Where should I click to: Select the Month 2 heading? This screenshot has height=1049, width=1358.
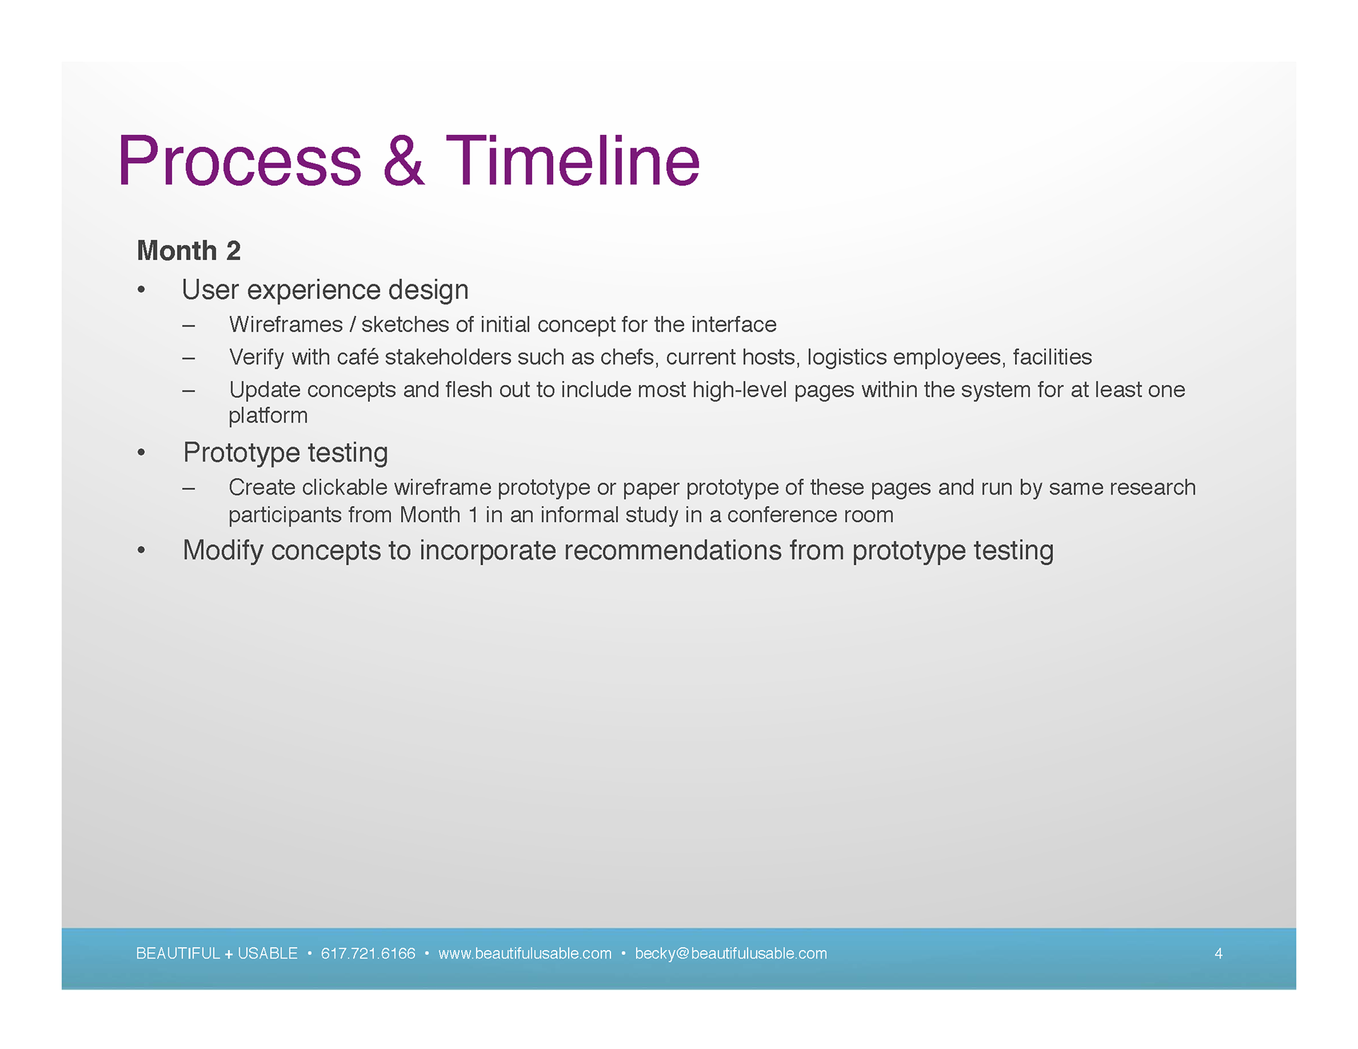tap(189, 251)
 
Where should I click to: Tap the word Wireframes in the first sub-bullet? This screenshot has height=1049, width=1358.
tap(286, 324)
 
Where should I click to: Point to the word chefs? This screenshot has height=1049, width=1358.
tap(627, 357)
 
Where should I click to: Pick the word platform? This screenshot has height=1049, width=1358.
tap(268, 416)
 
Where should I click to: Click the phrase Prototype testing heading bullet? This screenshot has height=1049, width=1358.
tap(286, 453)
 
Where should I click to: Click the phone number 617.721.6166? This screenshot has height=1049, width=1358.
tap(368, 954)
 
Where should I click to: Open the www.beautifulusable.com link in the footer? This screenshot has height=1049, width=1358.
tap(525, 954)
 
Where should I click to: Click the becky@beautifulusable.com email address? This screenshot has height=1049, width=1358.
tap(731, 954)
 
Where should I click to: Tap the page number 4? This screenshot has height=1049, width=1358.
tap(1219, 954)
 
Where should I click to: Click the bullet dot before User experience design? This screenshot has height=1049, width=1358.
tap(141, 290)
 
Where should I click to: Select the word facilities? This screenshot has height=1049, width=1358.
tap(1052, 357)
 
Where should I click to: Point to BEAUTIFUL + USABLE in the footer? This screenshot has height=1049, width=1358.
tap(216, 954)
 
